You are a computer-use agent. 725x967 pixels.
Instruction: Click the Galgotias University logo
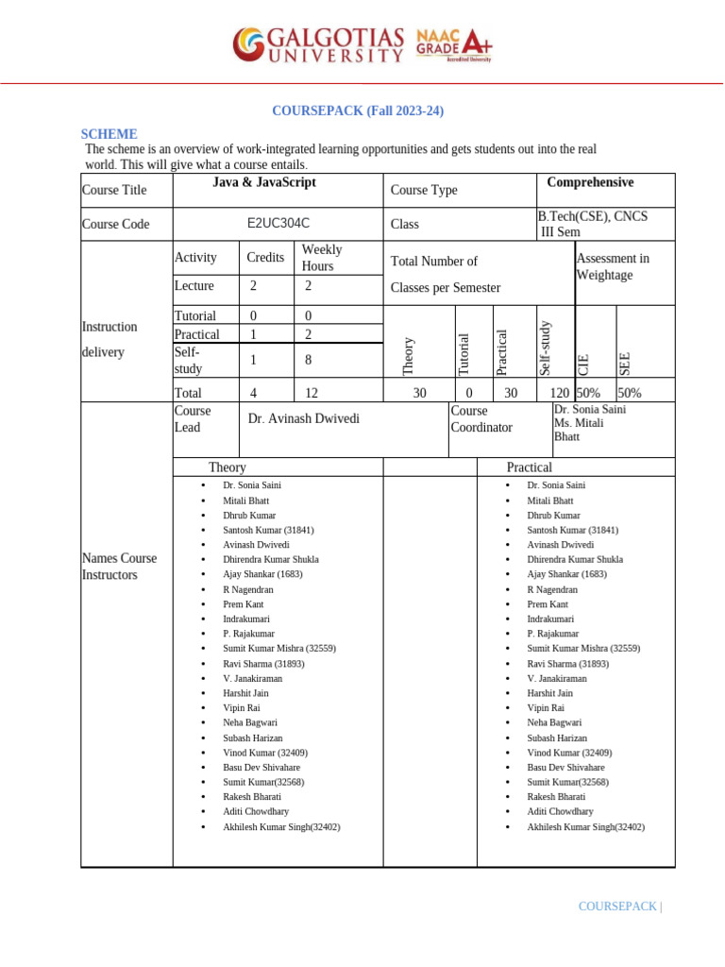pos(319,44)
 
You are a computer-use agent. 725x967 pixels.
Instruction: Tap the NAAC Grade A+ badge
pos(454,44)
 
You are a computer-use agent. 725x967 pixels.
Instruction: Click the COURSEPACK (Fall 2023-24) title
pos(358,111)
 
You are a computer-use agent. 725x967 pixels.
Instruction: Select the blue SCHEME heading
pos(110,134)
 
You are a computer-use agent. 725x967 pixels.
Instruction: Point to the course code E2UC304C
pos(278,225)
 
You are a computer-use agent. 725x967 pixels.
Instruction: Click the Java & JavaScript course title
pos(265,182)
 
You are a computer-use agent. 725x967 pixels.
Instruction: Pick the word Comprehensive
pos(590,182)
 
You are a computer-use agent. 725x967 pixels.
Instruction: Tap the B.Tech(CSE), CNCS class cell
pos(592,225)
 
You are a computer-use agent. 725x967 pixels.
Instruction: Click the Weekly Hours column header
pos(321,258)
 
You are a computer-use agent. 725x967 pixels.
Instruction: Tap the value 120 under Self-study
pos(560,393)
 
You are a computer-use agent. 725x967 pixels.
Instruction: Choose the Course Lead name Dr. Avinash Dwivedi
pos(303,418)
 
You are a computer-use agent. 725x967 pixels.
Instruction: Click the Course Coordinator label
pos(481,419)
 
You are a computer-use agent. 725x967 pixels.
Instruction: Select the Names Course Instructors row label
pos(119,567)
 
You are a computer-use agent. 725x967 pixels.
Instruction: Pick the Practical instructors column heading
pos(530,467)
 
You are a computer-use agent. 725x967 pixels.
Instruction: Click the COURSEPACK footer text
pos(618,907)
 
